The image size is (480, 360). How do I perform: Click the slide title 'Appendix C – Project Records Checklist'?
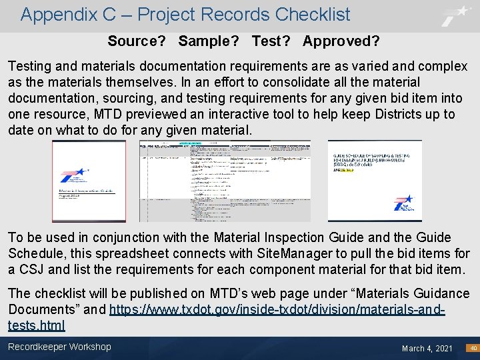click(x=185, y=15)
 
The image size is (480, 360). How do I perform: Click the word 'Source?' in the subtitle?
click(x=137, y=41)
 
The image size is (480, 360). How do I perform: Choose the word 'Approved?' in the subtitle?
click(x=341, y=41)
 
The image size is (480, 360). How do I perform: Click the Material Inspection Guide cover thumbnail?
click(x=89, y=181)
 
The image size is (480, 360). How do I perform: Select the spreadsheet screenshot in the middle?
click(x=224, y=181)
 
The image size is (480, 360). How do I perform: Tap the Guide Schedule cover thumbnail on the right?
click(x=375, y=180)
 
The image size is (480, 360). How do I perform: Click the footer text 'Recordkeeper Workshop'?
click(x=59, y=347)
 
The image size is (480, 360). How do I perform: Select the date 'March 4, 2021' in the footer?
click(x=427, y=348)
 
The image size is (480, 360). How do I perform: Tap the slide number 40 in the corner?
click(x=471, y=348)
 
